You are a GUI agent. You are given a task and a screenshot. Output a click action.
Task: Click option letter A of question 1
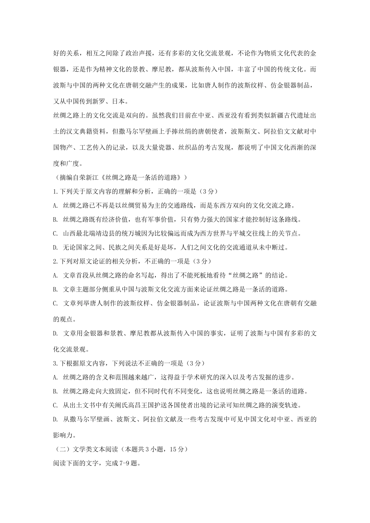[x=55, y=205]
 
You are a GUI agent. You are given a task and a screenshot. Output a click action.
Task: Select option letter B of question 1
[x=55, y=219]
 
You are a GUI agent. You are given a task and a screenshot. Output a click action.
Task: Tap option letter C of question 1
[x=55, y=233]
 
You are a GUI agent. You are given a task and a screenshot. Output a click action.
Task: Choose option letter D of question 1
[x=55, y=247]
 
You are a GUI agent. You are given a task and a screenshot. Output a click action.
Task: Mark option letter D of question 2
[x=55, y=333]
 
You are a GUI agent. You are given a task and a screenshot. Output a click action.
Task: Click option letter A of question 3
[x=55, y=377]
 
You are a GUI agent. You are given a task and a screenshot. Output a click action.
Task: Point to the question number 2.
[x=55, y=261]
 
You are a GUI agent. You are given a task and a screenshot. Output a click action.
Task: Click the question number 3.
[x=55, y=363]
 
